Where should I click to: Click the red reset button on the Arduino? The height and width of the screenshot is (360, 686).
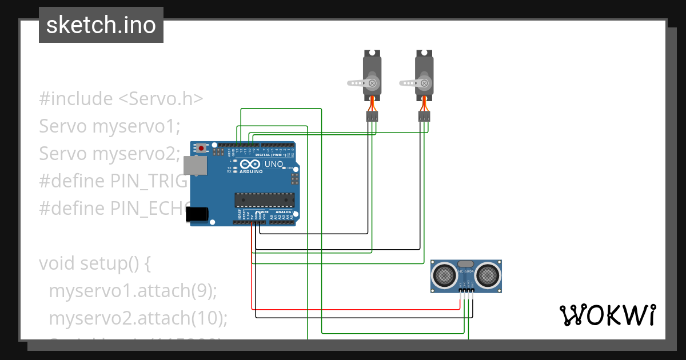pyautogui.click(x=202, y=148)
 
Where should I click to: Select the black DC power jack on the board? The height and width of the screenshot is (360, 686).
pyautogui.click(x=197, y=214)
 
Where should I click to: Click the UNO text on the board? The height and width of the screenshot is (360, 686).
pyautogui.click(x=274, y=164)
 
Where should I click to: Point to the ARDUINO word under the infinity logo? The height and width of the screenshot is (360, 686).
pyautogui.click(x=251, y=171)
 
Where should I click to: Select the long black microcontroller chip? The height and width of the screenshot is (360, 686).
pyautogui.click(x=264, y=199)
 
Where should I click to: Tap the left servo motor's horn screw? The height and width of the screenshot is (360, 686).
pyautogui.click(x=373, y=83)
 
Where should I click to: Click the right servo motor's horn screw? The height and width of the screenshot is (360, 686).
pyautogui.click(x=424, y=83)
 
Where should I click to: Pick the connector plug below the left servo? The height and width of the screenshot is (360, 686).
pyautogui.click(x=372, y=117)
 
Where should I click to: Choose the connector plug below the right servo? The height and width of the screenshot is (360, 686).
pyautogui.click(x=424, y=117)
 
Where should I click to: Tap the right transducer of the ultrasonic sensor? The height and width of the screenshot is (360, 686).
pyautogui.click(x=488, y=275)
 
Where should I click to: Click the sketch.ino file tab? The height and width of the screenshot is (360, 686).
pyautogui.click(x=101, y=25)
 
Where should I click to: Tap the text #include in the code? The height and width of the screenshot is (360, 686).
pyautogui.click(x=76, y=99)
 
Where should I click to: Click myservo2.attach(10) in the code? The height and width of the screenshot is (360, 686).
pyautogui.click(x=138, y=318)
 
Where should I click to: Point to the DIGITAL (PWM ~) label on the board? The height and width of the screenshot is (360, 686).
pyautogui.click(x=270, y=155)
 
